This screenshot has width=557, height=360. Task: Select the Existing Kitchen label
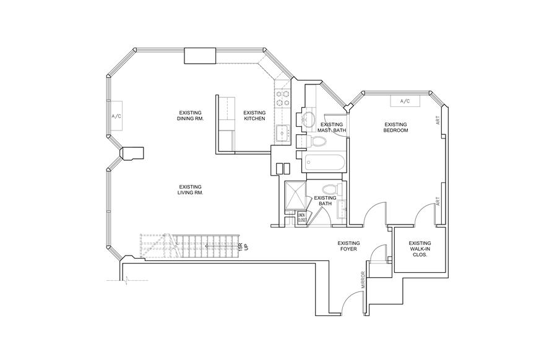pos(254,116)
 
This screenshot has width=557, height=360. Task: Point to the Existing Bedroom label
pos(395,127)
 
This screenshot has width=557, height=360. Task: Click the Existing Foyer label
pos(348,246)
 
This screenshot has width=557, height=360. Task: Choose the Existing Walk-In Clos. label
pos(420,249)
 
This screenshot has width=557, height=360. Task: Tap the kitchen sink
pos(283,132)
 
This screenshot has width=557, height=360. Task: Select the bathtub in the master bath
pos(326,164)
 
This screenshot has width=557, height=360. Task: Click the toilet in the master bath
pos(318,142)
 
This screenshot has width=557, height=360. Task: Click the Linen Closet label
pos(302,218)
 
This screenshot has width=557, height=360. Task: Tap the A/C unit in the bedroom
pos(405,101)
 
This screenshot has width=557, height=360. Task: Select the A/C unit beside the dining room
pos(117,116)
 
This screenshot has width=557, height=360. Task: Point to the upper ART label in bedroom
pos(438,121)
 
